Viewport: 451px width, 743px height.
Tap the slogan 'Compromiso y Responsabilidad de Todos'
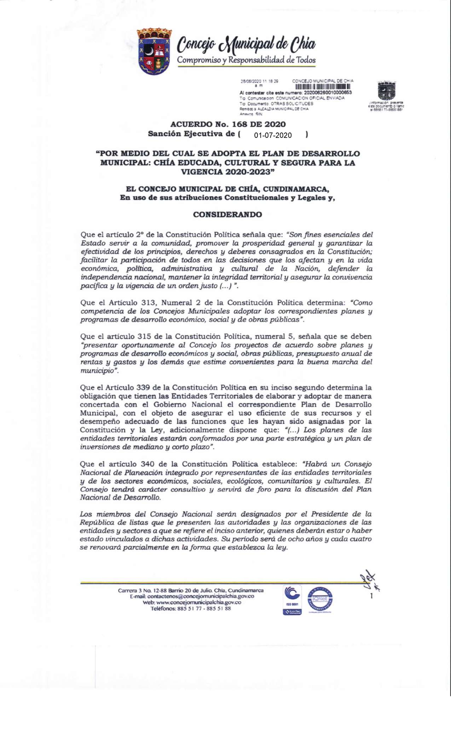tap(246, 60)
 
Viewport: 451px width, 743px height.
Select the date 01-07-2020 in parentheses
tap(273, 135)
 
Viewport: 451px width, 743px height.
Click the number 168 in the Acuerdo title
tap(235, 124)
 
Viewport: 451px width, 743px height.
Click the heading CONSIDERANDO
tap(227, 214)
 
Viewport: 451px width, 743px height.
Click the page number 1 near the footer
tap(372, 596)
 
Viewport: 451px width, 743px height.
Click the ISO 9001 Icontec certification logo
tap(292, 600)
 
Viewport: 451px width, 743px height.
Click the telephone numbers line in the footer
tap(191, 608)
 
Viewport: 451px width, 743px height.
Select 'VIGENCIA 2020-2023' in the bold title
tap(227, 172)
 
